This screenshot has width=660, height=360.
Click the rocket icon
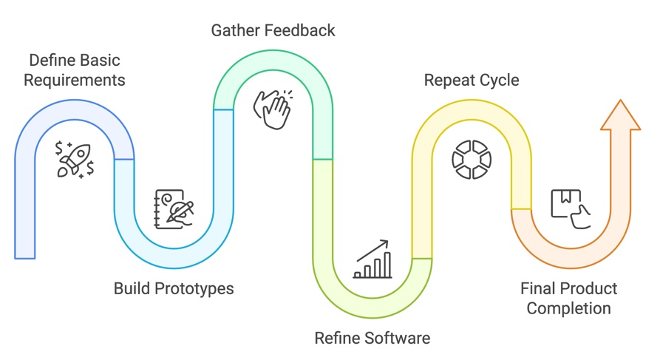click(x=75, y=160)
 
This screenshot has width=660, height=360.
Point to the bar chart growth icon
click(x=372, y=259)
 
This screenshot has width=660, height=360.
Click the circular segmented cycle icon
click(x=472, y=159)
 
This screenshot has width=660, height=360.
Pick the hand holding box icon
click(x=571, y=209)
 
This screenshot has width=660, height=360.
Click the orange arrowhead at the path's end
click(x=619, y=115)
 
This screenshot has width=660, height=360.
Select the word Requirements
click(x=74, y=79)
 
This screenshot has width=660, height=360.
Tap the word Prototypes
click(x=193, y=288)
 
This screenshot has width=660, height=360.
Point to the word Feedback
click(x=301, y=30)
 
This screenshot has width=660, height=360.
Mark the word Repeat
click(x=449, y=80)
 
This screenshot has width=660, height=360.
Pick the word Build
click(x=132, y=288)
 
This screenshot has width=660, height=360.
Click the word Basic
click(x=100, y=60)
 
